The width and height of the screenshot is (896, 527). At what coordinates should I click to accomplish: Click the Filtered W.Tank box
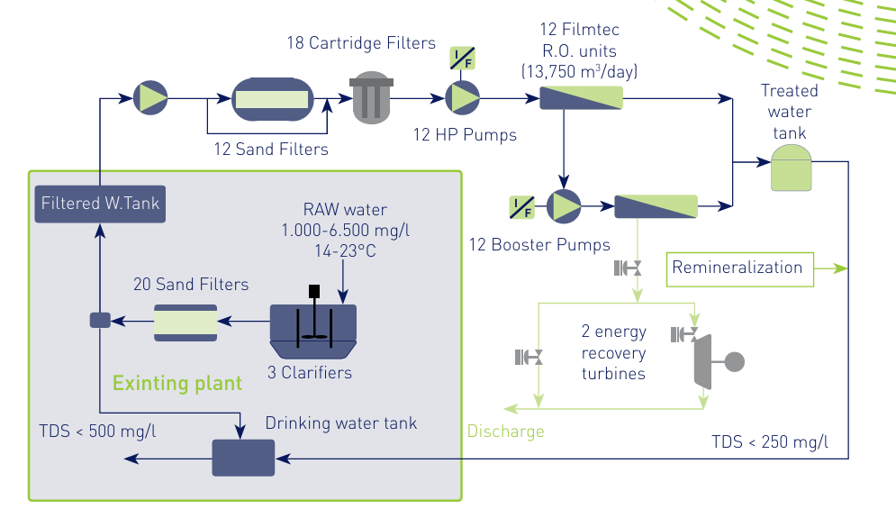(100, 204)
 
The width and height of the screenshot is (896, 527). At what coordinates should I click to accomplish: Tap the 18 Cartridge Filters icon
(371, 98)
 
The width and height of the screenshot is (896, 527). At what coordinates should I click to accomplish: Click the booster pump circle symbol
(565, 206)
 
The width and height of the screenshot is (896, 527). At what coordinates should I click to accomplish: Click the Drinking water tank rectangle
(242, 458)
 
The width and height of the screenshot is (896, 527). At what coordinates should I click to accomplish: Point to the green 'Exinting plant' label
(177, 384)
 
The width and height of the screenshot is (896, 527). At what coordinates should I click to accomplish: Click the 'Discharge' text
(505, 432)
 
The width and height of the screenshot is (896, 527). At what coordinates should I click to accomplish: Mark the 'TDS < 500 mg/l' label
(97, 430)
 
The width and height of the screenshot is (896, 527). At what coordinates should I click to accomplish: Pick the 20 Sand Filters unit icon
(185, 323)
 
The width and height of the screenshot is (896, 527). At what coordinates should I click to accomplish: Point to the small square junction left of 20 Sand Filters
(99, 320)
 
